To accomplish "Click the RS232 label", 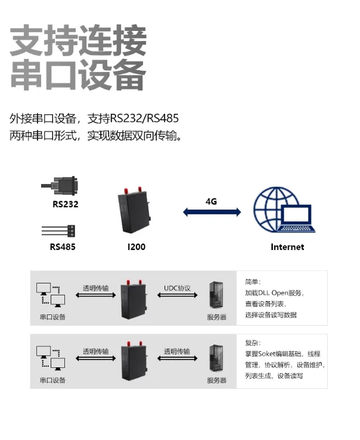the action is [65, 204].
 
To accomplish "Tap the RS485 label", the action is [63, 246].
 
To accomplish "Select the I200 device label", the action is [136, 246].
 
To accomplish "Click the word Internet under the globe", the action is [287, 246].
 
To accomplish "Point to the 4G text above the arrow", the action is [211, 201].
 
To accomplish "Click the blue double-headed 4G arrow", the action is [212, 212].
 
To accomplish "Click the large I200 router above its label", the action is [136, 214].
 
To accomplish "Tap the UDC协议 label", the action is [177, 288].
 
